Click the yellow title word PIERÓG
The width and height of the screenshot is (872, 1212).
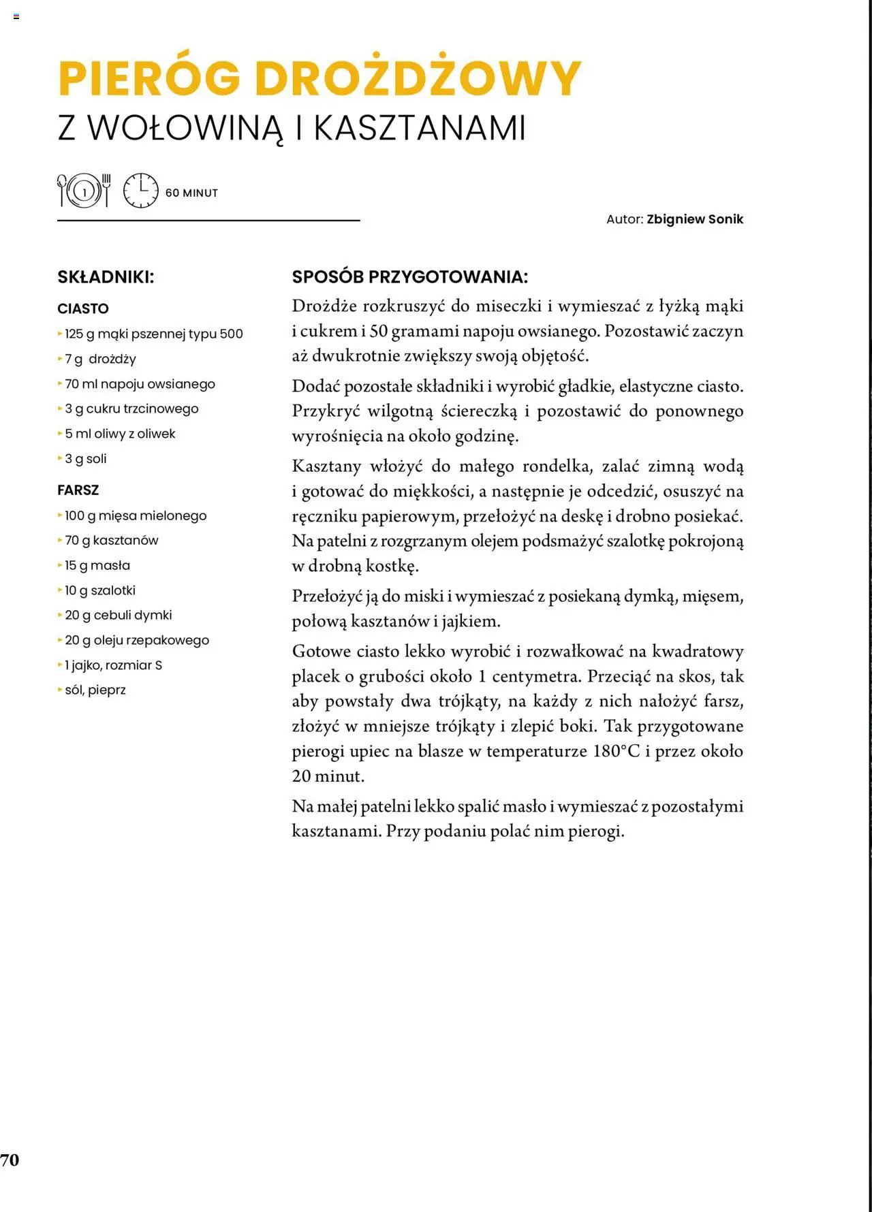(x=149, y=78)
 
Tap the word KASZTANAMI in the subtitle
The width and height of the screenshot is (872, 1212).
(x=420, y=127)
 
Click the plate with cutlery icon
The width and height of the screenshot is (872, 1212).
(x=84, y=191)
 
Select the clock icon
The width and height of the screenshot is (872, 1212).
(x=140, y=191)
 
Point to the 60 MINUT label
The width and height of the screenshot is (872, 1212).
(x=191, y=193)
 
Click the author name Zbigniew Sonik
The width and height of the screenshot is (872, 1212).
(x=695, y=219)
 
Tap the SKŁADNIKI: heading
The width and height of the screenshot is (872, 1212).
(x=106, y=277)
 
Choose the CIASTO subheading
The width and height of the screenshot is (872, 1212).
(x=83, y=308)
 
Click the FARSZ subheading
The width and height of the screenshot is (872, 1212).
(x=78, y=490)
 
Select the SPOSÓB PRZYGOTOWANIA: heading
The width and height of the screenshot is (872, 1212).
(x=409, y=277)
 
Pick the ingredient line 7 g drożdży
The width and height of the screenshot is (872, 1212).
(x=100, y=359)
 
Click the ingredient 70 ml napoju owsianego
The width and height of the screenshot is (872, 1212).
(x=140, y=384)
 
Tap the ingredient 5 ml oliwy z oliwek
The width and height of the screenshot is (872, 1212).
(x=120, y=434)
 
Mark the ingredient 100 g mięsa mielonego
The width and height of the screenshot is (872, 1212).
(x=136, y=515)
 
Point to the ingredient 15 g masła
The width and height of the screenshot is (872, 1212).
(x=97, y=565)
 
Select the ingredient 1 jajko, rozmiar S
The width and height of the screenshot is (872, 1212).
(x=113, y=665)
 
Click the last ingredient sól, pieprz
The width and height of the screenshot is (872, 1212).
(x=95, y=690)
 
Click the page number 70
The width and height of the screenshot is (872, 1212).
(x=10, y=1160)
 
